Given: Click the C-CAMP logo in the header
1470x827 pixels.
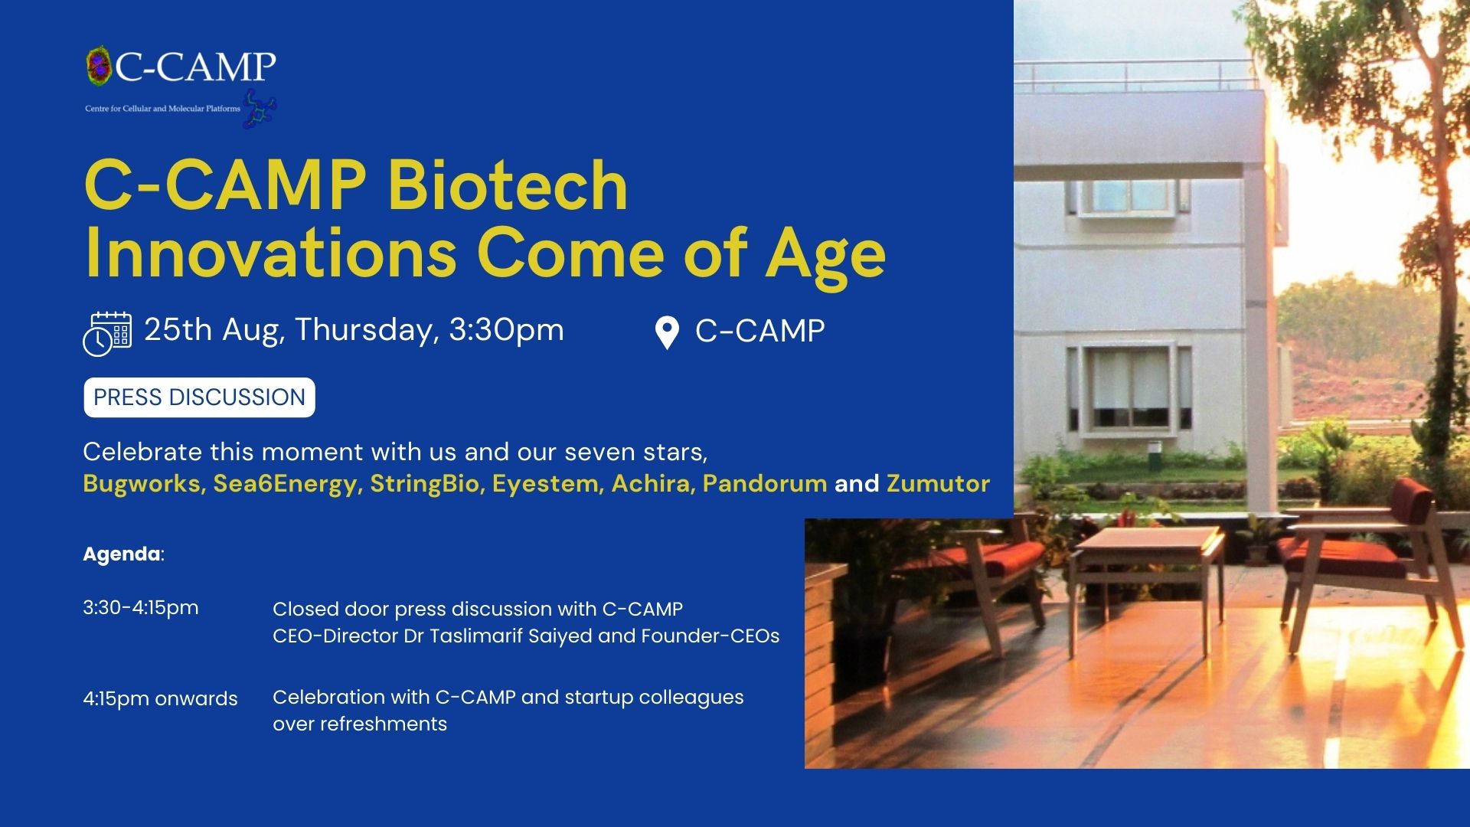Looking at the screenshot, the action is click(x=181, y=86).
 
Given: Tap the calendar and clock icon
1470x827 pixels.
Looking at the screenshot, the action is click(x=107, y=334).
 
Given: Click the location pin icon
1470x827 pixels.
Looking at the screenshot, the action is click(x=668, y=333).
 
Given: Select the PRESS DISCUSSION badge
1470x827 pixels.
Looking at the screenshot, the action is click(x=199, y=397).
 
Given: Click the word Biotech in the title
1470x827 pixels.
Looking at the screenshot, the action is click(x=508, y=185).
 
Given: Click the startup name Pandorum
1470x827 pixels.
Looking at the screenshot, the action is click(x=765, y=484).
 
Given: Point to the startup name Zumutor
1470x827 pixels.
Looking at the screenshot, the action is click(x=938, y=484).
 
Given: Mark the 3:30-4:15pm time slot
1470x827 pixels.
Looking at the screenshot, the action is click(x=141, y=608).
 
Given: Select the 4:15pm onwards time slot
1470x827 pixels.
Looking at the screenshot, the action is click(x=160, y=698).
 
